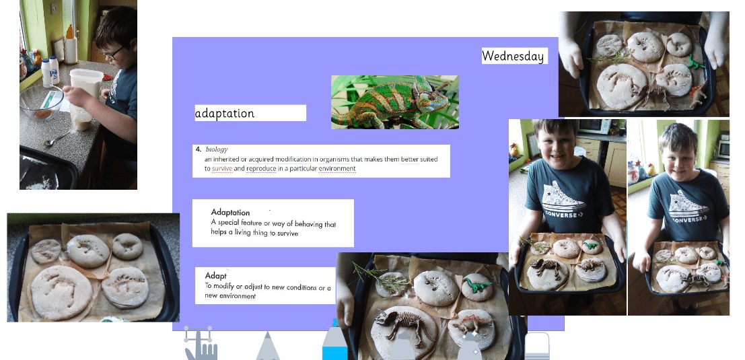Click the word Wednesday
pyautogui.click(x=513, y=56)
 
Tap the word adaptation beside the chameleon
pyautogui.click(x=224, y=114)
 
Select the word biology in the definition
pyautogui.click(x=217, y=149)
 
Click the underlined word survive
pyautogui.click(x=222, y=169)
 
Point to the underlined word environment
pyautogui.click(x=337, y=169)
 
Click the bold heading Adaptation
pyautogui.click(x=230, y=212)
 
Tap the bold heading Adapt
pyautogui.click(x=216, y=275)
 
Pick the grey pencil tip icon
pyautogui.click(x=267, y=347)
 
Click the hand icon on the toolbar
pyautogui.click(x=201, y=344)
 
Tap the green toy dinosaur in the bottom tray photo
pyautogui.click(x=476, y=285)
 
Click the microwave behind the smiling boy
pyautogui.click(x=594, y=127)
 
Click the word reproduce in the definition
pyautogui.click(x=261, y=169)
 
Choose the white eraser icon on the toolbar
pyautogui.click(x=537, y=346)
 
